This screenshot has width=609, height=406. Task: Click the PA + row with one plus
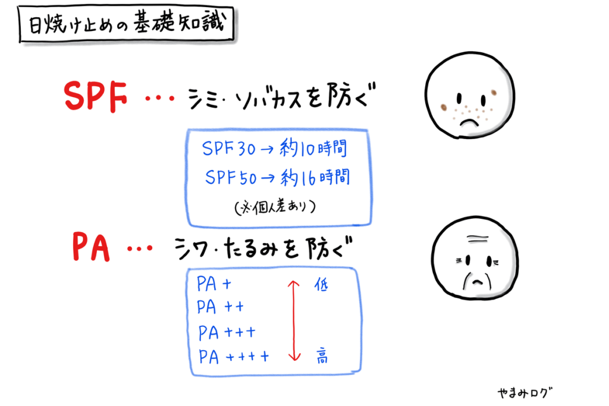click(214, 284)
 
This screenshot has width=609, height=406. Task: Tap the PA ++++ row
click(233, 357)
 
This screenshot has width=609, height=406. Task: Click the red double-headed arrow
click(293, 320)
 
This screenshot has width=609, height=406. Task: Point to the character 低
click(321, 285)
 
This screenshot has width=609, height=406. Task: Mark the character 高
click(321, 357)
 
